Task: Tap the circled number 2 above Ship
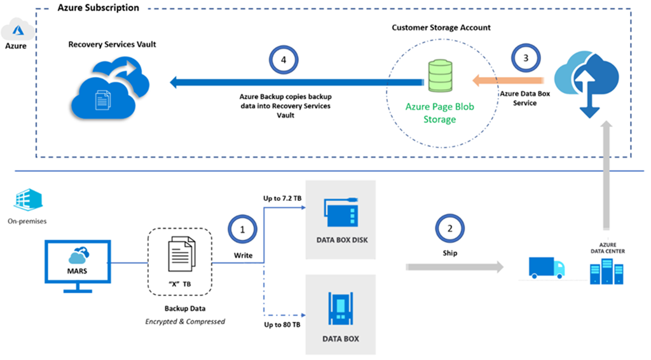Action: coord(449,228)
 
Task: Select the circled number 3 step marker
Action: coord(524,58)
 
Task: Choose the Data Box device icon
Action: coord(340,307)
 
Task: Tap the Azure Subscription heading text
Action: coord(98,8)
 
